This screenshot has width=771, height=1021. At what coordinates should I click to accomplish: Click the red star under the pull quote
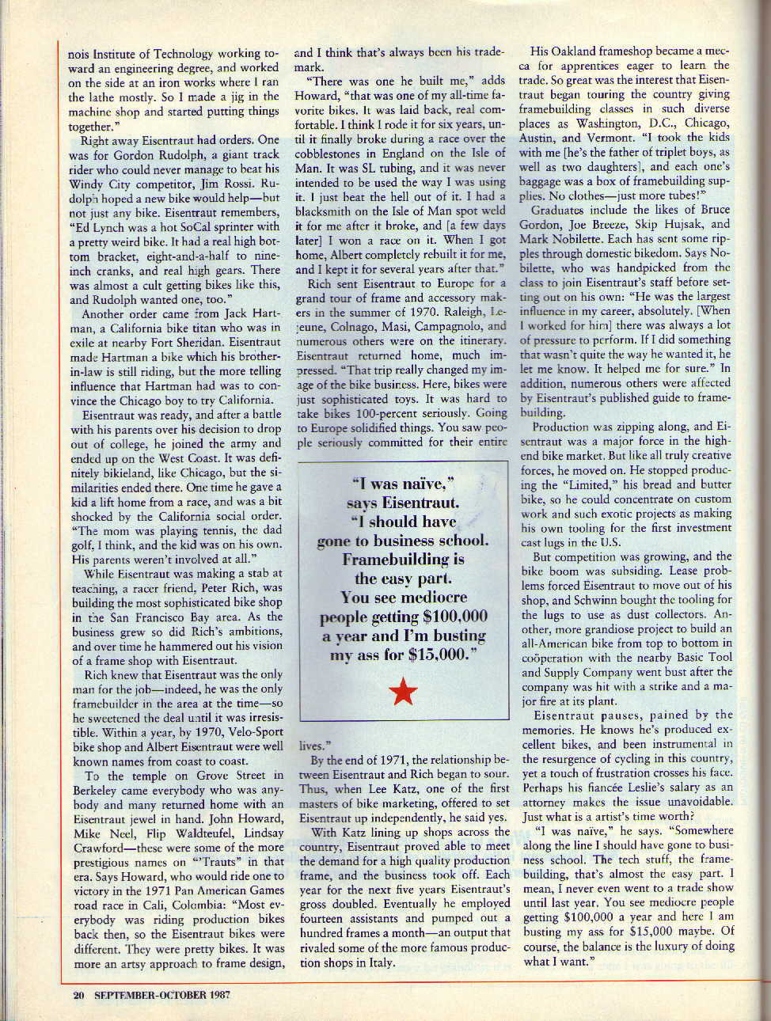click(x=404, y=692)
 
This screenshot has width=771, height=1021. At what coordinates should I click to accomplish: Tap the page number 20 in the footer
click(x=78, y=995)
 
